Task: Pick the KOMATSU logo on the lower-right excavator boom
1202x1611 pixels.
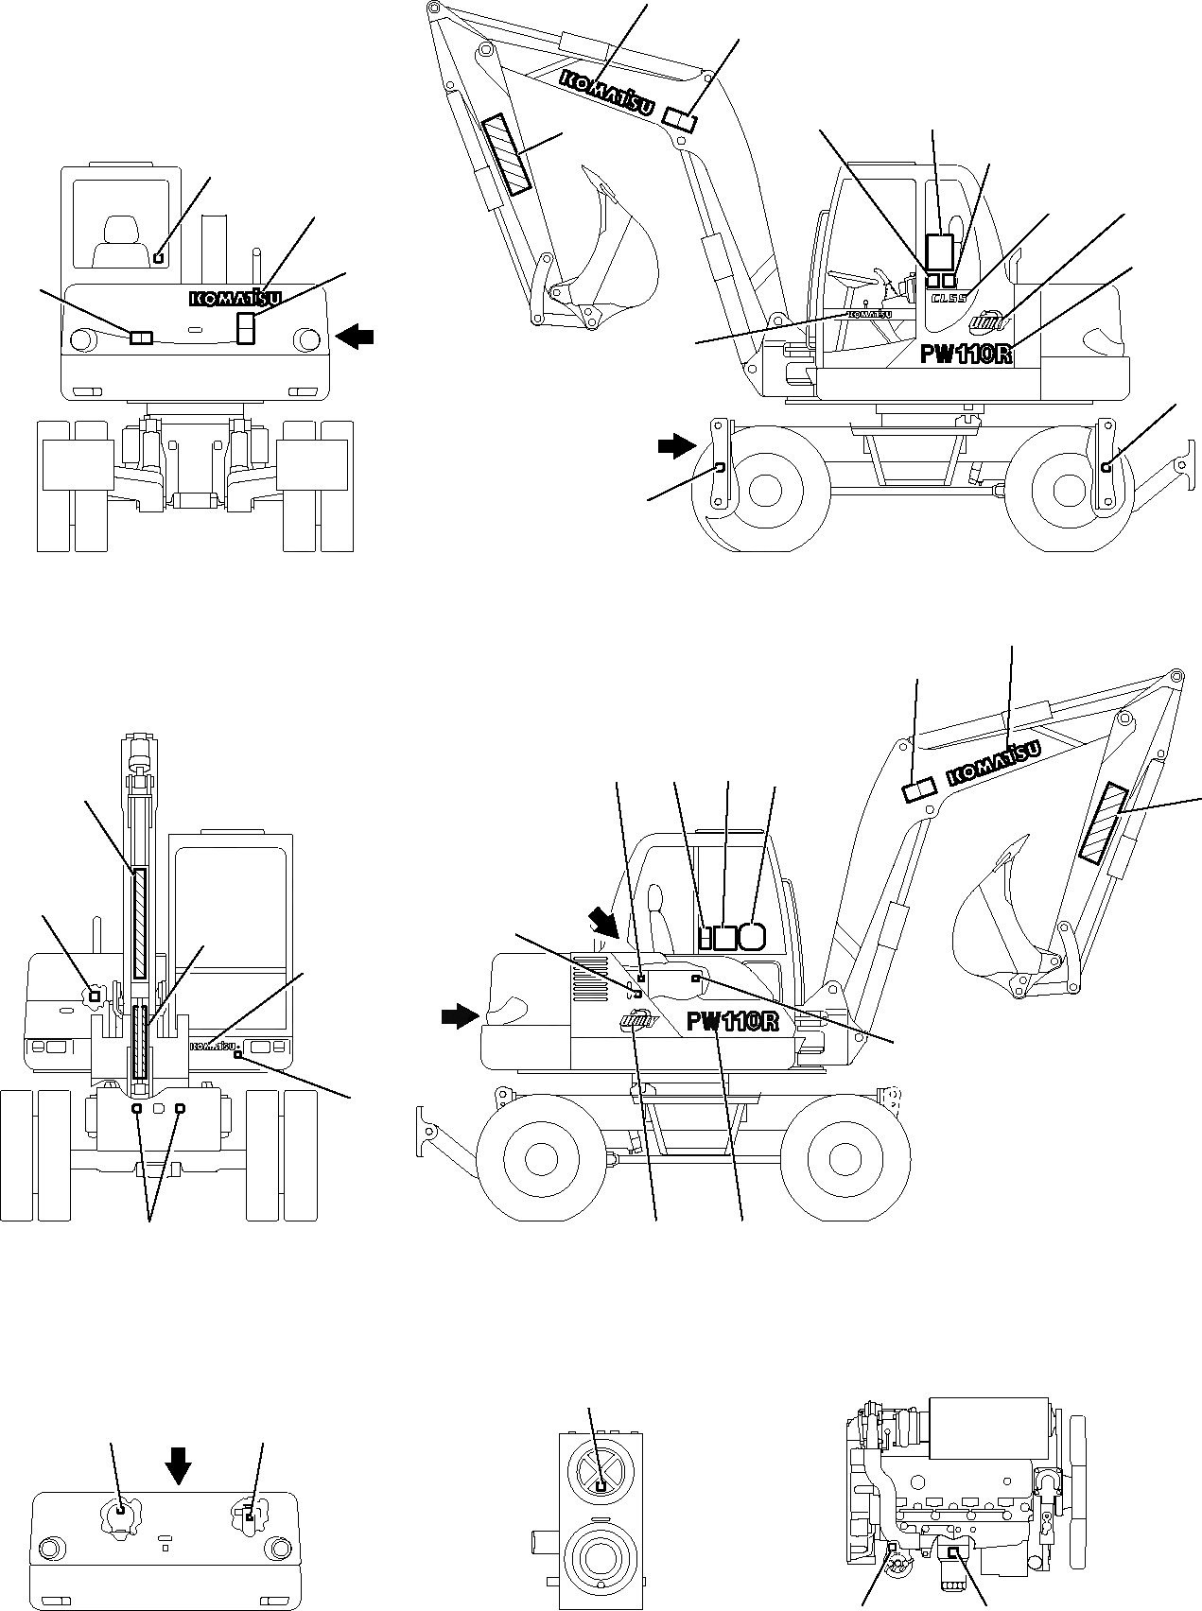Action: pyautogui.click(x=993, y=763)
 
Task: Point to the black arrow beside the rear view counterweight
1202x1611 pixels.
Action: pyautogui.click(x=356, y=336)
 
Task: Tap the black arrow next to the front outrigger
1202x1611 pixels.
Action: pyautogui.click(x=676, y=446)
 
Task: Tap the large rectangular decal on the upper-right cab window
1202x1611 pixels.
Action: pyautogui.click(x=939, y=252)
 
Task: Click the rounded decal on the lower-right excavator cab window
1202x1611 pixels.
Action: pyautogui.click(x=752, y=936)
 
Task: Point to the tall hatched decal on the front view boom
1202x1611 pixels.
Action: pyautogui.click(x=140, y=922)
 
